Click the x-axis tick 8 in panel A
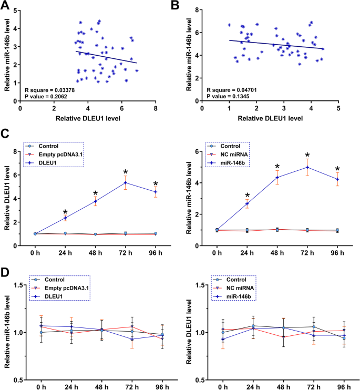pos(155,108)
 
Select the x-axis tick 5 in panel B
pos(338,108)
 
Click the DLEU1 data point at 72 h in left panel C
pos(126,183)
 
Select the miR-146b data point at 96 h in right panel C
pos(337,179)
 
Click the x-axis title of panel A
pos(88,118)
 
